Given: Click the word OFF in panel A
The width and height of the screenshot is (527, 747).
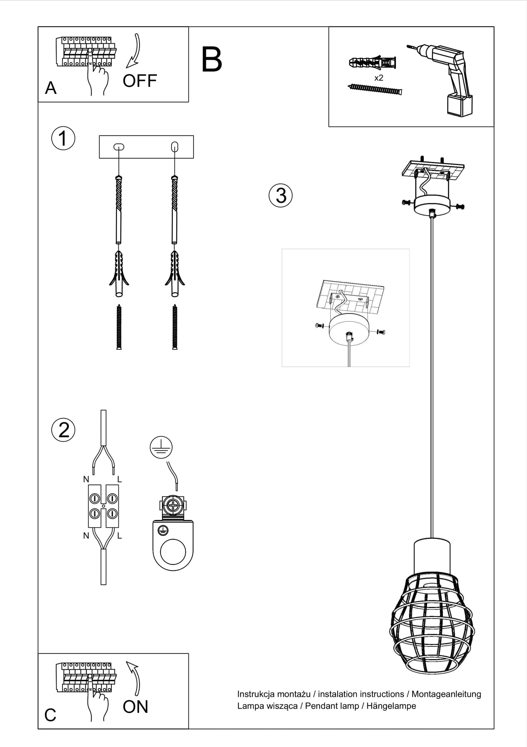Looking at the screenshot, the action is tap(139, 81).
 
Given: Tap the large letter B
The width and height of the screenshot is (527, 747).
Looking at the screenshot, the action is tap(212, 60).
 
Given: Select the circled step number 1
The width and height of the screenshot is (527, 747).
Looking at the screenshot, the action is tap(63, 138).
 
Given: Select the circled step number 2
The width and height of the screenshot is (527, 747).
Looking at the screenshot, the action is tap(63, 430).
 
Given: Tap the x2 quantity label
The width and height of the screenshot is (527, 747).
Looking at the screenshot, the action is tap(379, 78).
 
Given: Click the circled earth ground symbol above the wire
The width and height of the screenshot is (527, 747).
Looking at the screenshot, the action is tap(161, 448).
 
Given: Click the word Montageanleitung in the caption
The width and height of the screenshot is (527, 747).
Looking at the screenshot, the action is tap(446, 694).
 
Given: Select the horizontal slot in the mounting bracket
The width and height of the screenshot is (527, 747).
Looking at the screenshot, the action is tap(119, 147).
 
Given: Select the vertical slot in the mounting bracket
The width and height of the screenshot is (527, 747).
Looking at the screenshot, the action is tap(175, 146).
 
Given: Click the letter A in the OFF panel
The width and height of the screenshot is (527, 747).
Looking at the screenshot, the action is tap(51, 88).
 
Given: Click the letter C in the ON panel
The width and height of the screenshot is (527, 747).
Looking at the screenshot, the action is tap(50, 715).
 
